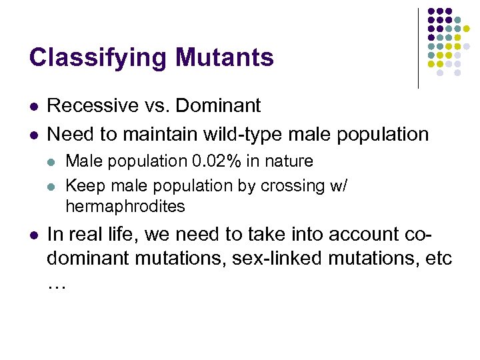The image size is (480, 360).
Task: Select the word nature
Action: tap(289, 161)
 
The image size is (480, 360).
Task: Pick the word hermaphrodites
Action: tap(125, 207)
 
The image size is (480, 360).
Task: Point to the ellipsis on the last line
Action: tap(57, 283)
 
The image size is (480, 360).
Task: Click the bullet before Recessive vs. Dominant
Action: tap(33, 107)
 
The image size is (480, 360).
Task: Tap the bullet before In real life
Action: tap(33, 236)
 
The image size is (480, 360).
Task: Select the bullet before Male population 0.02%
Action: tap(55, 162)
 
